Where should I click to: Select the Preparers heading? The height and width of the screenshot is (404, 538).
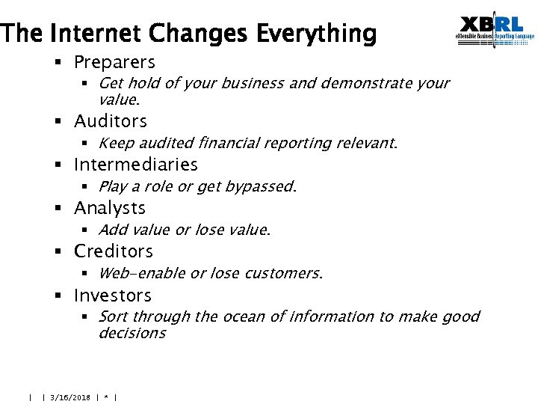[x=114, y=62]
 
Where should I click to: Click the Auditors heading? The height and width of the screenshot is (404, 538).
[x=111, y=121]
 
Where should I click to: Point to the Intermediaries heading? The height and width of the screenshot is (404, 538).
[x=136, y=165]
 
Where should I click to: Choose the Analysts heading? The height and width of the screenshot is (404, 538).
[x=110, y=208]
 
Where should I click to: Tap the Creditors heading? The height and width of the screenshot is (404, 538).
[x=114, y=251]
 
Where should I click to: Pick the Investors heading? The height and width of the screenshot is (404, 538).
[x=112, y=296]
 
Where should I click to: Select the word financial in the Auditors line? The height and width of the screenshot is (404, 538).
[x=236, y=143]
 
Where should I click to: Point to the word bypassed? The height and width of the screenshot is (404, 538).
[x=262, y=187]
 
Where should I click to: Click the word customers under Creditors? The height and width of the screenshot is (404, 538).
[x=287, y=274]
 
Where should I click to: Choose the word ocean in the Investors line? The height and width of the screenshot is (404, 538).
[x=246, y=317]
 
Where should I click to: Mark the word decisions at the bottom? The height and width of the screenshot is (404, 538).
[x=132, y=334]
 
